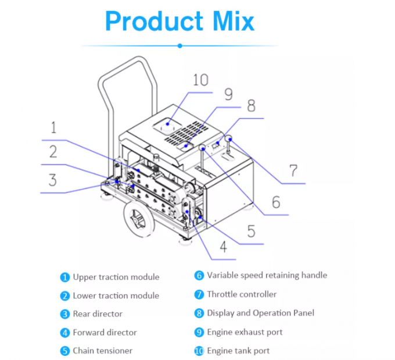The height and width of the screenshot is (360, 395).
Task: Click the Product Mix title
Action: coord(180,21)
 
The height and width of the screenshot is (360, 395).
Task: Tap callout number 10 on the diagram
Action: coord(200,80)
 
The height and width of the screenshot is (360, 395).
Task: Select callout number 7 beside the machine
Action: coord(293,171)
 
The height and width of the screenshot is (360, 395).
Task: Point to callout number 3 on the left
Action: coord(52,180)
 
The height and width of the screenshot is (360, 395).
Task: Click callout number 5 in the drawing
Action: coord(251,231)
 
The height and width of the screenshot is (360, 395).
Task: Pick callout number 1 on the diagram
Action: coord(53,128)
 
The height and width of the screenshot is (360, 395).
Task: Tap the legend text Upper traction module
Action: coord(116,277)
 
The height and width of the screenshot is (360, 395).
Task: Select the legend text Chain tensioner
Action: coord(102,351)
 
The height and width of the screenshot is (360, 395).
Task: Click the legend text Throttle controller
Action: coord(242,294)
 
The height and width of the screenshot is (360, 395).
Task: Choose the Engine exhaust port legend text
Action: coord(245,332)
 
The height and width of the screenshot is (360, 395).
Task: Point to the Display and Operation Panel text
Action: coord(260,313)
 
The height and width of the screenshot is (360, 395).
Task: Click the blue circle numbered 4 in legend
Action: coord(64,333)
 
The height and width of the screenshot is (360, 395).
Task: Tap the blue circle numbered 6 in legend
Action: coord(199,276)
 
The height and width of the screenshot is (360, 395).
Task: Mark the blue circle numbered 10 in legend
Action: coord(199,351)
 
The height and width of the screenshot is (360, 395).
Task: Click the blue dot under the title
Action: coord(180,45)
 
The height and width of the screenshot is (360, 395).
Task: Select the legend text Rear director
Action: coord(98,314)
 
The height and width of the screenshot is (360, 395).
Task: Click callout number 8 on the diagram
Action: coord(250,106)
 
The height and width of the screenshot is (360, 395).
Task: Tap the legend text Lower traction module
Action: coord(116,296)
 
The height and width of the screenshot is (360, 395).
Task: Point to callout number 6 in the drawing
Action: coord(276,202)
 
